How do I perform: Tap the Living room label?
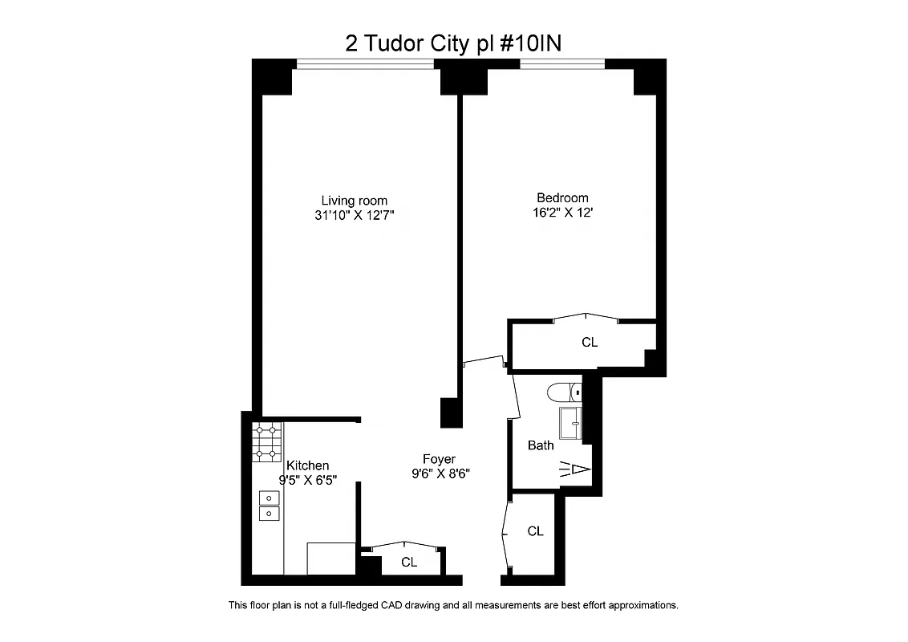[354, 201]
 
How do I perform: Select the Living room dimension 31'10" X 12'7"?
[354, 216]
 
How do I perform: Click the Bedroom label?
[562, 198]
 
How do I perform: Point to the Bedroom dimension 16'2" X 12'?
[562, 213]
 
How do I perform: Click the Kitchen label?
[308, 465]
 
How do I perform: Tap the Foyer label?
[439, 459]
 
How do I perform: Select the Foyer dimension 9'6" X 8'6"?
[439, 474]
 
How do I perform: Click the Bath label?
[541, 445]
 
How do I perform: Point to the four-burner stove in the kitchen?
[268, 442]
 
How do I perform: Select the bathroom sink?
[570, 423]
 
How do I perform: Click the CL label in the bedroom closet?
[590, 343]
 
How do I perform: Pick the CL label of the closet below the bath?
[536, 531]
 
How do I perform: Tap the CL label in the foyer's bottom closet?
[409, 563]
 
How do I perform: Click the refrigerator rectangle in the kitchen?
[330, 559]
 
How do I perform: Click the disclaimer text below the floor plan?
[453, 605]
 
